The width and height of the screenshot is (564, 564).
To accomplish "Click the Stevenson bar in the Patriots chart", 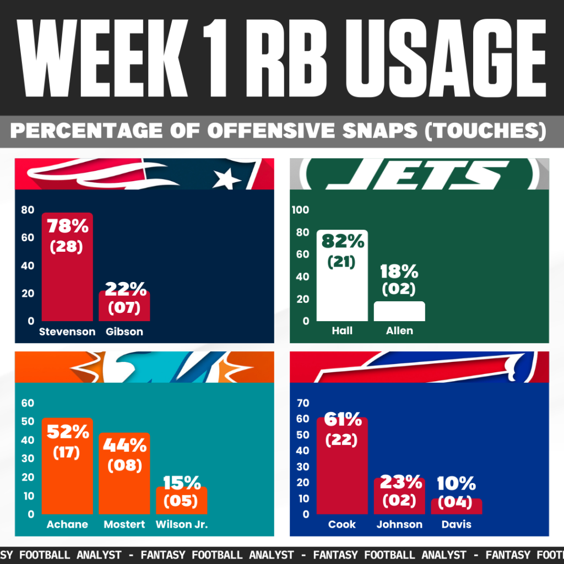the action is (x=67, y=267).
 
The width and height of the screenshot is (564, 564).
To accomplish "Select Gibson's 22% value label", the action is (x=126, y=289).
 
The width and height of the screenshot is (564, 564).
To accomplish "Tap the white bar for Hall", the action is (x=342, y=275).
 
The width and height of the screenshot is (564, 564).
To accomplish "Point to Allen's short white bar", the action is (x=399, y=311).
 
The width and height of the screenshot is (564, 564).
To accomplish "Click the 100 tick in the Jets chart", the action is (x=300, y=210).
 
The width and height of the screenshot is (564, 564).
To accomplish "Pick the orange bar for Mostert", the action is (x=124, y=473).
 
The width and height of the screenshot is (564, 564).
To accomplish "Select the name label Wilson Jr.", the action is (x=182, y=524).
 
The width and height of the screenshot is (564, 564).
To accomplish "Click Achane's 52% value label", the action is (x=68, y=432).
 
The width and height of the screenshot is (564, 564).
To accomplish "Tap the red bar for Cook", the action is (x=342, y=466).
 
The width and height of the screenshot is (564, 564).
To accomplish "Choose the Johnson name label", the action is (x=399, y=524).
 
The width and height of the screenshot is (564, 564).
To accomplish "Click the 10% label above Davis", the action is (x=457, y=483).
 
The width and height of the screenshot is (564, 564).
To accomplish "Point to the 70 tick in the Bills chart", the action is (x=303, y=403).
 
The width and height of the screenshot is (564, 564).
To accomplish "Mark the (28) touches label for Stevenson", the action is (x=67, y=247).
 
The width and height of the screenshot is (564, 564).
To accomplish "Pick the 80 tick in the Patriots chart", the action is (x=28, y=210).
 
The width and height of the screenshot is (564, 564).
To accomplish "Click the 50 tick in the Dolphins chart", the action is (x=28, y=421).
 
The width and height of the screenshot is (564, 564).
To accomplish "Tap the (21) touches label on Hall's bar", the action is (x=341, y=262).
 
